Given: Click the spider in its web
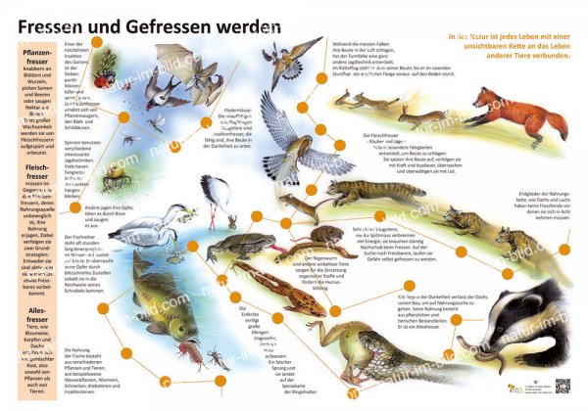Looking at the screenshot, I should [x=116, y=174].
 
